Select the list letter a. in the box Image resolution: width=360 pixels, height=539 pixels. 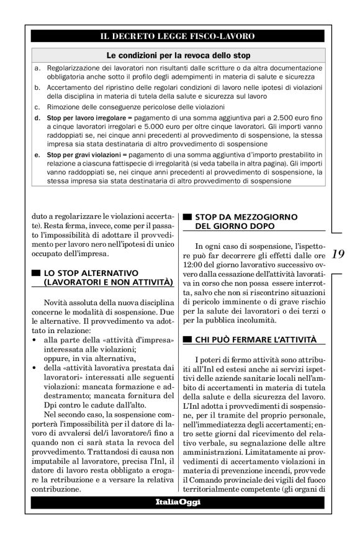pyautogui.click(x=38, y=67)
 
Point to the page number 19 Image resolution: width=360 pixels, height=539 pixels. pyautogui.click(x=338, y=253)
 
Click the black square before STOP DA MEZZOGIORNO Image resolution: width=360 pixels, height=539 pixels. pyautogui.click(x=187, y=217)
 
